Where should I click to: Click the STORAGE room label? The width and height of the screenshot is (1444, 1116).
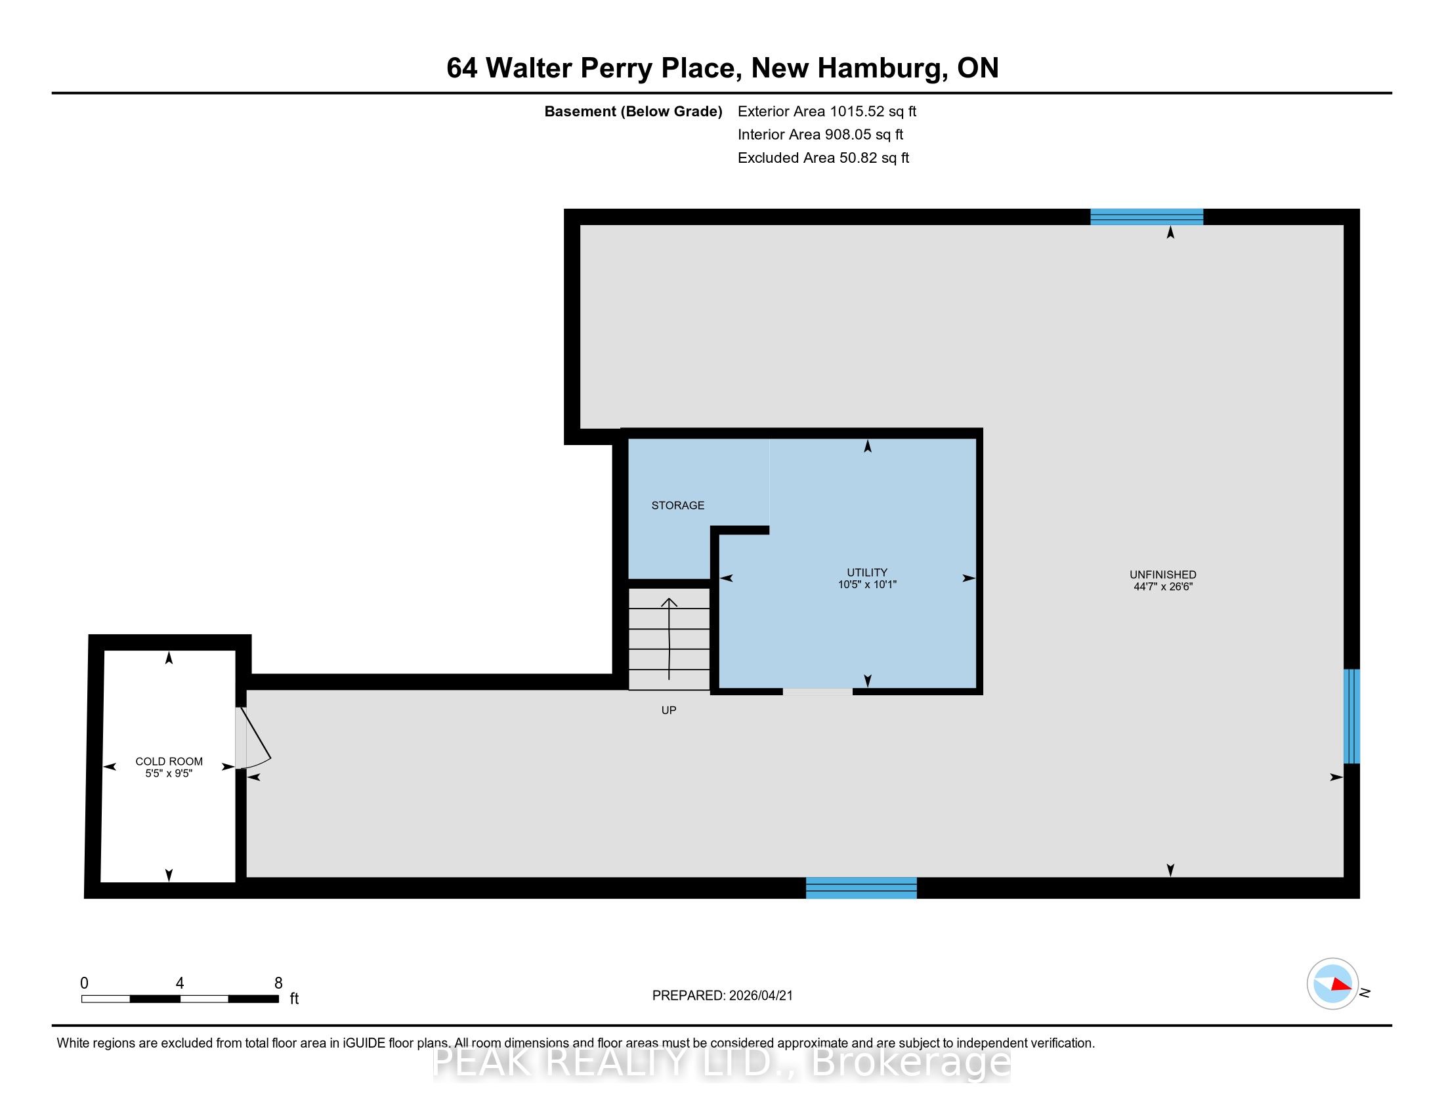click(x=678, y=505)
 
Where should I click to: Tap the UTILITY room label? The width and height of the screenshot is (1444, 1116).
click(x=867, y=572)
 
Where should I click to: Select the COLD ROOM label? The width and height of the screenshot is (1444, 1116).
click(x=169, y=762)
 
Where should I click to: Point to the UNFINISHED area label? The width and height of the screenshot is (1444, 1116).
click(x=1163, y=574)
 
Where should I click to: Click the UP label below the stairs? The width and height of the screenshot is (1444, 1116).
click(x=669, y=710)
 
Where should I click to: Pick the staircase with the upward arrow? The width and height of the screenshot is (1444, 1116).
click(x=669, y=639)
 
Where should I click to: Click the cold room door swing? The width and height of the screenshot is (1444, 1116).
click(x=253, y=738)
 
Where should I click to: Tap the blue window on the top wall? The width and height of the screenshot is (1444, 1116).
click(x=1147, y=217)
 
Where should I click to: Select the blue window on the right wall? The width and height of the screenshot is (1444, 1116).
click(x=1351, y=716)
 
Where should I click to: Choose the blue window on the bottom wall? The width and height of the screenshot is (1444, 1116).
click(x=861, y=888)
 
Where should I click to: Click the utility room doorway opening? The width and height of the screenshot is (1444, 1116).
click(x=818, y=691)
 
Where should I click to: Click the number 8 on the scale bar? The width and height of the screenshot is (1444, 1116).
click(x=278, y=983)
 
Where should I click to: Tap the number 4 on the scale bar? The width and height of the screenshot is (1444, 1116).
click(x=180, y=983)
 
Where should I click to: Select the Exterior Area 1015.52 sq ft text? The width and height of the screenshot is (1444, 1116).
click(x=827, y=111)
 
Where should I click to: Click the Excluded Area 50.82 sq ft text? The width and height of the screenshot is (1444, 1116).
click(x=823, y=158)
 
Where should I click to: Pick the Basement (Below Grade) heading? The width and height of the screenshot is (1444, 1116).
click(x=633, y=111)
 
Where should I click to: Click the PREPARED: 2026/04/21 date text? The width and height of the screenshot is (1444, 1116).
click(x=722, y=995)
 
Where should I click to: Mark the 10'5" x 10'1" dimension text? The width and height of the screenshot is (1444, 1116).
click(x=867, y=584)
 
